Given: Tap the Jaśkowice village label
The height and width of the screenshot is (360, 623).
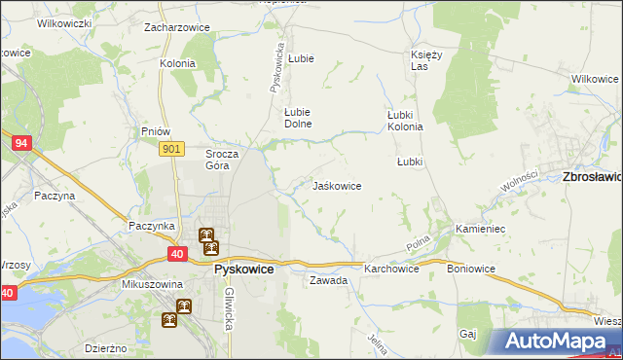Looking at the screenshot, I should coord(337,185).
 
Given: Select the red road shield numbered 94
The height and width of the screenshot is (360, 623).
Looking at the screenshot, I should coord(21,143).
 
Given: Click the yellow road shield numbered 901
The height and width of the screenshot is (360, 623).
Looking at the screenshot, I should coord(170,148).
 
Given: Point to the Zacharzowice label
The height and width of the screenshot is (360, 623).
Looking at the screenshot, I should coord(177,27).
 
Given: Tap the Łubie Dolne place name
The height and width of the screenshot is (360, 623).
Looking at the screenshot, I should coord(296,118).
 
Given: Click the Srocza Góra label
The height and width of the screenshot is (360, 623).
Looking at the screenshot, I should coord(217,160).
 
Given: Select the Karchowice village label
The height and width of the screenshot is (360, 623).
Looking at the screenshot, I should coord(391,268).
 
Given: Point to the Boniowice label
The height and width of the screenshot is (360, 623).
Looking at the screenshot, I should coord(472,268).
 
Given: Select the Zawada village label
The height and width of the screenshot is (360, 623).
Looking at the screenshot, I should coord(328,280).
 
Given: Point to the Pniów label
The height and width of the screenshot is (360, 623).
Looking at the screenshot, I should coord(156,131).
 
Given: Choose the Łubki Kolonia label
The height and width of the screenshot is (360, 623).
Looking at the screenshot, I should coord(405,120).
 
